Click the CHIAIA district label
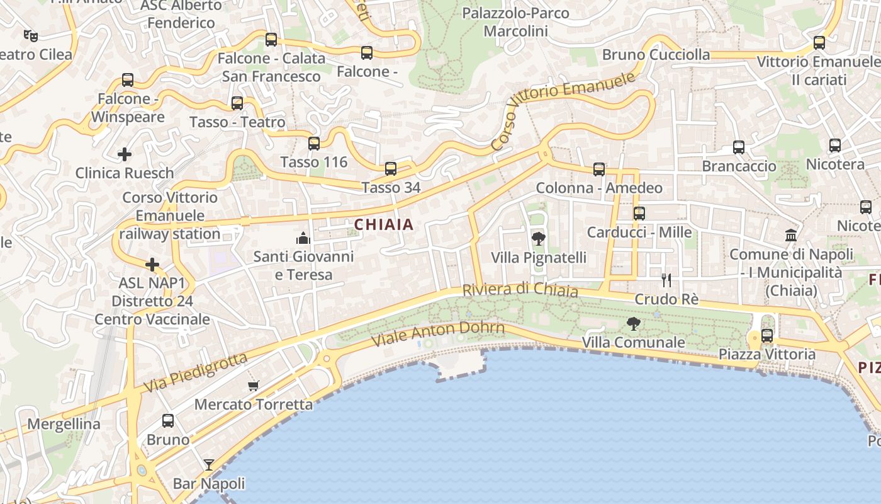point(384,224)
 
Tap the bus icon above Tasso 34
point(391,168)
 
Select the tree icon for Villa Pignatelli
point(538,239)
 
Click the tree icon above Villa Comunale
point(634,324)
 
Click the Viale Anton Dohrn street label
point(438,334)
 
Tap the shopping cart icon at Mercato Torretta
point(253,386)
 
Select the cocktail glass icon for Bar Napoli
point(209,465)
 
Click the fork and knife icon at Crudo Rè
point(666,280)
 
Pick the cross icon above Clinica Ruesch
point(125,154)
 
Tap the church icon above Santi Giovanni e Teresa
point(303,238)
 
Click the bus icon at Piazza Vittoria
point(767,336)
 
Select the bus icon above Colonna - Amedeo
point(599,169)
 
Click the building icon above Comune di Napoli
point(791,236)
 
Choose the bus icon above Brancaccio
point(739,147)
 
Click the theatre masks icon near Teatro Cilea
point(30,35)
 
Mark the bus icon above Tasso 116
point(314,144)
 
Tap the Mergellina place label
point(64,424)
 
